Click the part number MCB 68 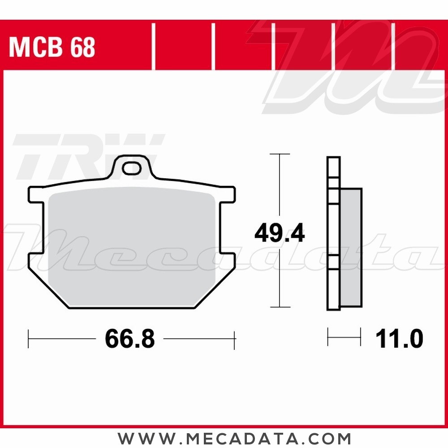[52, 47]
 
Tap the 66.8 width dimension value [130, 340]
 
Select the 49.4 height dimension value [280, 234]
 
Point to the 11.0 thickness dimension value [400, 340]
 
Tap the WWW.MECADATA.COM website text [234, 438]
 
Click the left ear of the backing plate [36, 194]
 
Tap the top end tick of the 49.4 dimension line [280, 154]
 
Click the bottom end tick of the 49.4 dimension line [280, 307]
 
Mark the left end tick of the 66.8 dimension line [29, 339]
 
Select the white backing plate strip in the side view [333, 233]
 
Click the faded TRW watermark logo [87, 155]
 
